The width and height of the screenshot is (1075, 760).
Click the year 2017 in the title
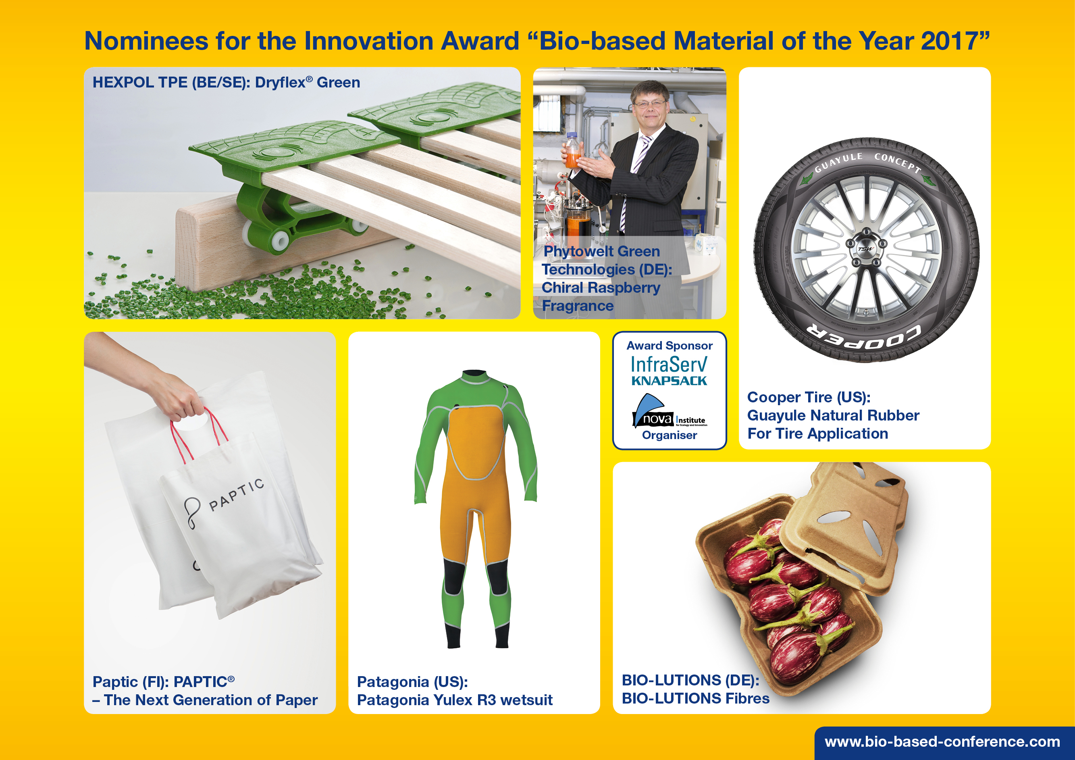click(x=950, y=41)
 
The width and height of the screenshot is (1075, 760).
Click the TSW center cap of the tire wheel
click(x=865, y=249)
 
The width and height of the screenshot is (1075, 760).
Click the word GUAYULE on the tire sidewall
click(x=838, y=162)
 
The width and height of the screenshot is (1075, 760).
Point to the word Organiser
click(x=669, y=435)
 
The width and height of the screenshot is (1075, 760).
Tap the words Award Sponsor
click(x=669, y=346)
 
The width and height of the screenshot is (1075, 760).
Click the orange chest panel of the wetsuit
click(x=475, y=440)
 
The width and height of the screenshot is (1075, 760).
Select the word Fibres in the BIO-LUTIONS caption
click(x=747, y=698)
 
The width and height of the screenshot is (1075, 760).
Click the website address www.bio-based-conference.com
click(x=942, y=742)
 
